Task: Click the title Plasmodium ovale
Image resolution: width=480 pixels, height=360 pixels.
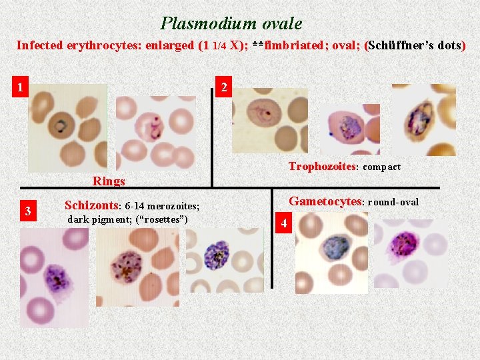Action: click(x=231, y=24)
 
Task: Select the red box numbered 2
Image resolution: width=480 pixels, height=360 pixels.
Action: click(x=224, y=87)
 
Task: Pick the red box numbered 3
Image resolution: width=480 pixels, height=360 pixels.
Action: click(x=28, y=211)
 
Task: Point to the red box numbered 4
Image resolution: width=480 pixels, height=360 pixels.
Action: click(x=284, y=223)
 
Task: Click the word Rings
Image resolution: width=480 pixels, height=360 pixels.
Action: click(x=109, y=181)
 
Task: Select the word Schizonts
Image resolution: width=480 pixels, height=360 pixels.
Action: click(x=91, y=205)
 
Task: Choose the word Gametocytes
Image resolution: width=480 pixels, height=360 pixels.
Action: click(x=325, y=201)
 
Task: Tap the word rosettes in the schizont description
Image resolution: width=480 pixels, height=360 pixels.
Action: click(x=162, y=220)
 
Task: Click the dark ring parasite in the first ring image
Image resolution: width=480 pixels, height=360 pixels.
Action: click(x=62, y=125)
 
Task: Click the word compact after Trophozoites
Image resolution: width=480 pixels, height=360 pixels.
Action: click(x=382, y=167)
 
